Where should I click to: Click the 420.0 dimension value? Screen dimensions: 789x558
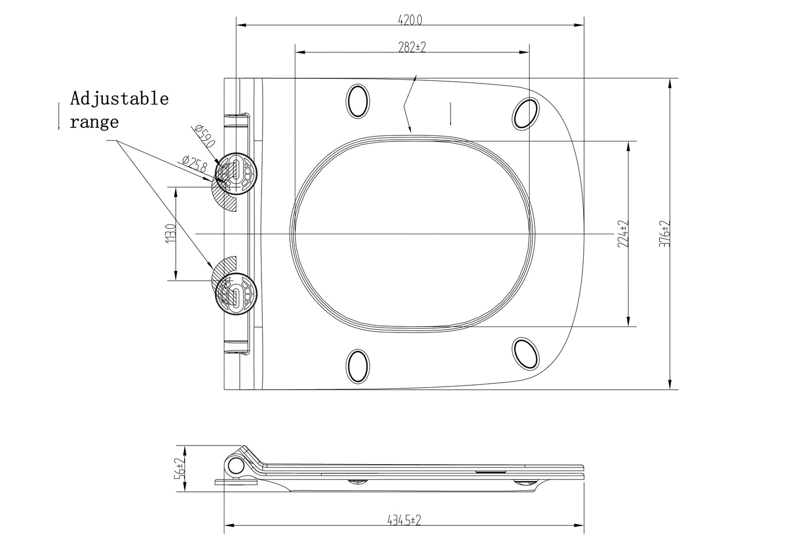(410, 20)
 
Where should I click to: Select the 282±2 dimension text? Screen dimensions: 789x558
(412, 47)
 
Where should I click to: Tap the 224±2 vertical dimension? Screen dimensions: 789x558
(623, 234)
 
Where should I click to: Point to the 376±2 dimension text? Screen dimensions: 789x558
(665, 234)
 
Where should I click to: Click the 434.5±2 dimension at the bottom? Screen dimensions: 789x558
(404, 520)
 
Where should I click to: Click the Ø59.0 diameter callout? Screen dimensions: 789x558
(204, 136)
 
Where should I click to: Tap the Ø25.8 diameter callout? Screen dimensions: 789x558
(195, 164)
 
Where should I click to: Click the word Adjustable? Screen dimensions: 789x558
(120, 99)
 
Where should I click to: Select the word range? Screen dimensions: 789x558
(94, 122)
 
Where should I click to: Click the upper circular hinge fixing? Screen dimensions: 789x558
(236, 173)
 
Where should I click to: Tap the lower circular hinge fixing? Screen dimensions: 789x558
(236, 294)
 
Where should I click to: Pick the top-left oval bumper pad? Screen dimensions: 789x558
(358, 101)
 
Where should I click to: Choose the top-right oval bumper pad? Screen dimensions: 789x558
(525, 114)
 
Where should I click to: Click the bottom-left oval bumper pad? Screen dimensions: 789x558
(358, 366)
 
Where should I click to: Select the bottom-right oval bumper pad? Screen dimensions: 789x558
(525, 354)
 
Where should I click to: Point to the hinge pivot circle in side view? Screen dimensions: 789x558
(236, 466)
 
